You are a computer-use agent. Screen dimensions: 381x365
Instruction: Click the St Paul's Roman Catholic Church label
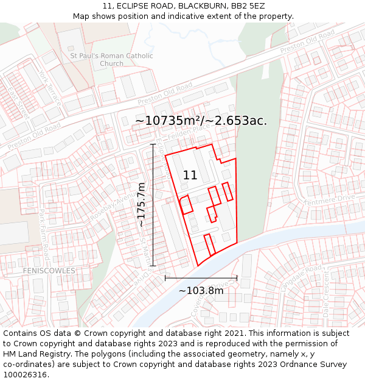tap(111, 60)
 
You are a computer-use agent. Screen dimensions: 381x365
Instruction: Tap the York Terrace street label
tap(50, 89)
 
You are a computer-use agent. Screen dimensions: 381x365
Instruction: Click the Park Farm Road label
tap(44, 233)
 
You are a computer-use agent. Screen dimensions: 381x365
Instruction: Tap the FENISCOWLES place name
tap(49, 271)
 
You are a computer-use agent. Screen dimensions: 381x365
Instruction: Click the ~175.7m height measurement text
tap(141, 205)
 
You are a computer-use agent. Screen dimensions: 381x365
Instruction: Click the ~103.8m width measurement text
tap(201, 291)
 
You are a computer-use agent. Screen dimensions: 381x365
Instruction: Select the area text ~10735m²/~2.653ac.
tap(201, 121)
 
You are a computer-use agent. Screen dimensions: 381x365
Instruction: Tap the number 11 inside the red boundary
tap(190, 176)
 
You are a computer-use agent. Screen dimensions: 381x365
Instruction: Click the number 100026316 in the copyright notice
tap(24, 374)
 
